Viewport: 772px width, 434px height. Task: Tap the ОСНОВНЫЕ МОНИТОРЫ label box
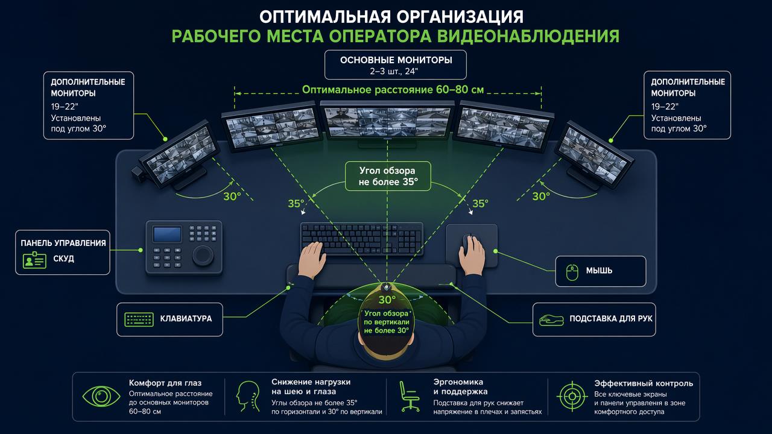[x=396, y=64]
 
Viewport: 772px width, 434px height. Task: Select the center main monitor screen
[x=388, y=121]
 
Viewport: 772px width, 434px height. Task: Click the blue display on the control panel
[x=167, y=234]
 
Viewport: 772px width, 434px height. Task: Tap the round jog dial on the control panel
[x=203, y=255]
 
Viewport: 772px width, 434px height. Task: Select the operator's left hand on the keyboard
[x=312, y=259]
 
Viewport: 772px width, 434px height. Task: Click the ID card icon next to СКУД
[x=34, y=260]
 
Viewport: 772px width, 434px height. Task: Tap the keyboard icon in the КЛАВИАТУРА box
[x=139, y=319]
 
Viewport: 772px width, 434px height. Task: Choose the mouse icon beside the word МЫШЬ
[x=572, y=272]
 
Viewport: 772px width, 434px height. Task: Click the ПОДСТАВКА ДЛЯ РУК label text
[x=611, y=319]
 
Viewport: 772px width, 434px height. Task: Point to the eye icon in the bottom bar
[x=101, y=397]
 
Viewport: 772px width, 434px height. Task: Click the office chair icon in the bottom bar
[x=409, y=396]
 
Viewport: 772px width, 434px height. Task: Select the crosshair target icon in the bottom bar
[x=572, y=397]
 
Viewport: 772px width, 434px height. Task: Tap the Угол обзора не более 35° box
[x=388, y=176]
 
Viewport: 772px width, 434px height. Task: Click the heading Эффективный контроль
[x=644, y=383]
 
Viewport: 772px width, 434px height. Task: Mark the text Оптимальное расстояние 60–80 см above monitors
[x=393, y=90]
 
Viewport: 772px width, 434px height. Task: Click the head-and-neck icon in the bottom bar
[x=248, y=396]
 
